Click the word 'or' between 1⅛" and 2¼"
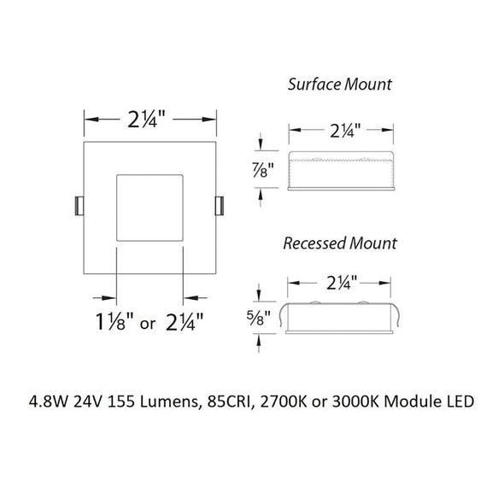click(149, 325)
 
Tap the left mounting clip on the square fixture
click(78, 206)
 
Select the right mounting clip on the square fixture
click(219, 206)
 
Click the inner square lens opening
click(149, 208)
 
